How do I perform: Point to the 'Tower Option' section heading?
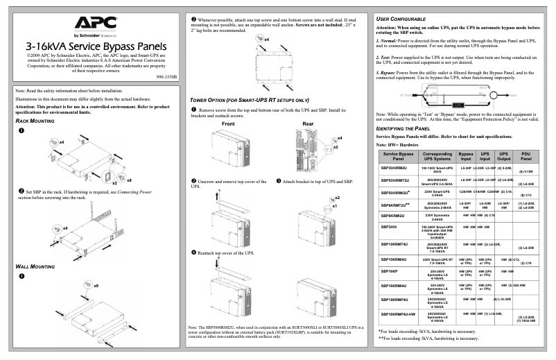point(249,100)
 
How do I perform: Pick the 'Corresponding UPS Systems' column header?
point(437,156)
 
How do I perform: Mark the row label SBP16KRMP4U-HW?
point(398,314)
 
